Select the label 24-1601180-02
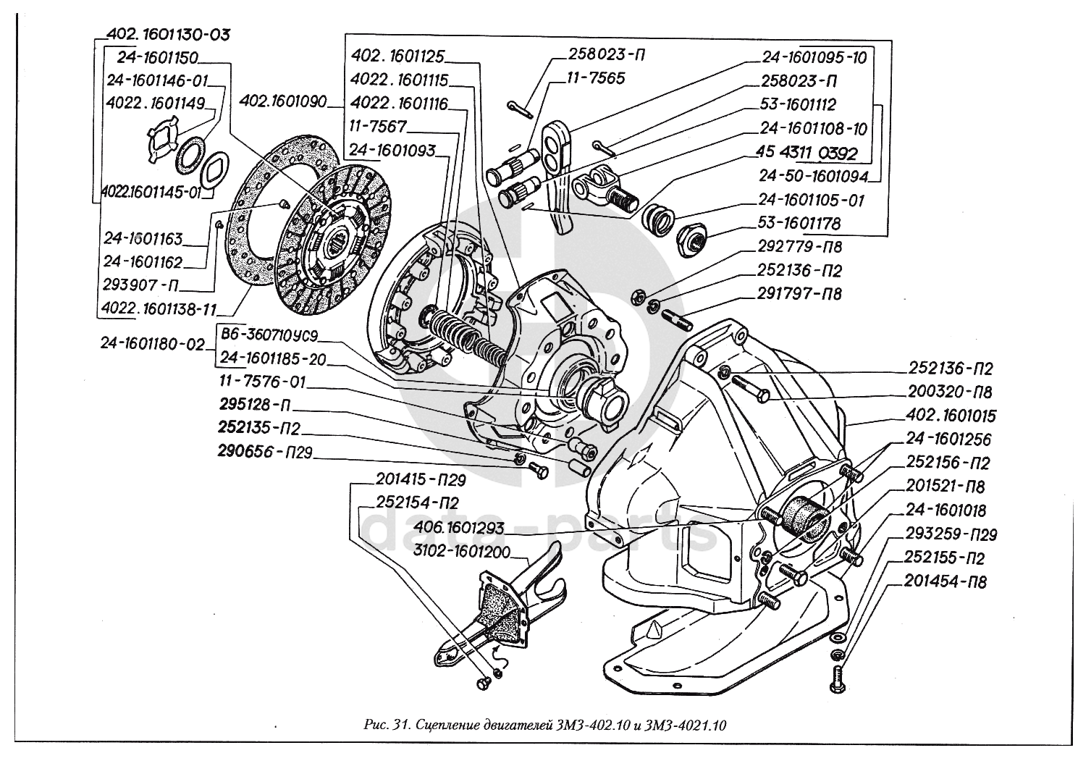tap(153, 345)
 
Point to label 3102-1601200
tap(464, 551)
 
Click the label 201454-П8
tap(945, 581)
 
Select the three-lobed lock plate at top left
tap(161, 142)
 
